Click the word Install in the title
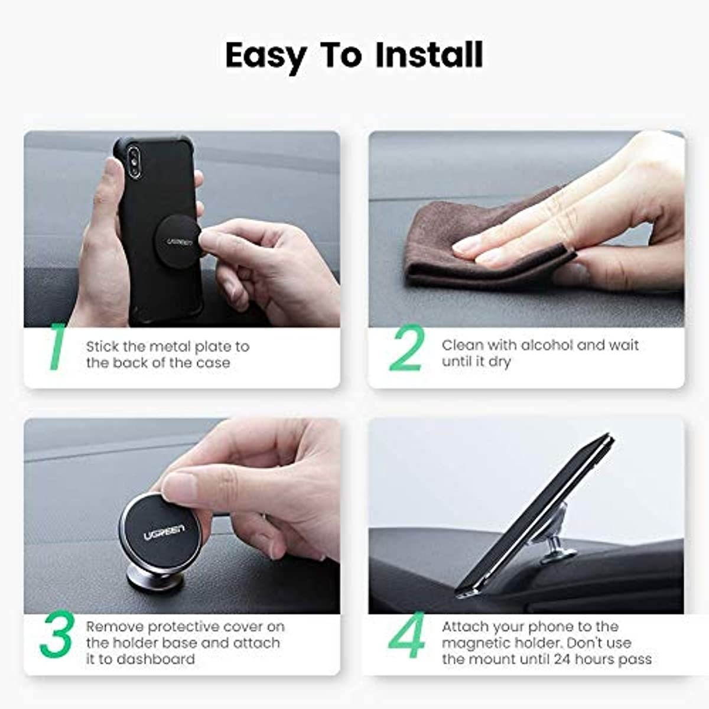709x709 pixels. point(429,55)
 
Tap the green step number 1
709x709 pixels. point(56,348)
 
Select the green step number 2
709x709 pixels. point(406,349)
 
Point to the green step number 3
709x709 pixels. point(57,636)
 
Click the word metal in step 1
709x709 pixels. point(171,346)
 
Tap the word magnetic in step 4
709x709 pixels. point(477,643)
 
